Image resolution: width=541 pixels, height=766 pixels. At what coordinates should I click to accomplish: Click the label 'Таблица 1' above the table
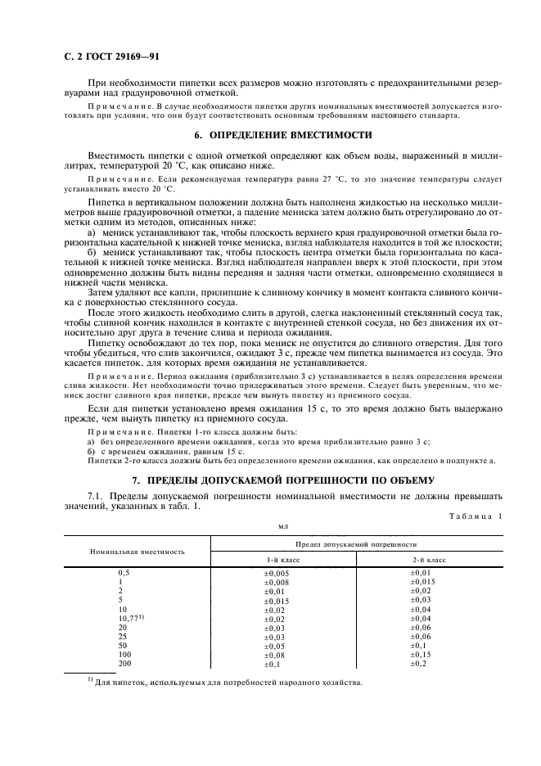click(x=476, y=516)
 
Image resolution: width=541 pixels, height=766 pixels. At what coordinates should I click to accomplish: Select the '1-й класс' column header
click(x=276, y=560)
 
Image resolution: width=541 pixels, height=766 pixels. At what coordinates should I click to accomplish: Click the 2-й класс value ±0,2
click(x=441, y=664)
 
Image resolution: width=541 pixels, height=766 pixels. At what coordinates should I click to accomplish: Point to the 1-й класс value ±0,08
click(x=276, y=655)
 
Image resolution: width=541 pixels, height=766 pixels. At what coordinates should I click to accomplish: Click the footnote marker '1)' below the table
click(x=91, y=681)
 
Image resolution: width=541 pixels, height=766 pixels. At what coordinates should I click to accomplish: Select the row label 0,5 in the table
click(x=125, y=574)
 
